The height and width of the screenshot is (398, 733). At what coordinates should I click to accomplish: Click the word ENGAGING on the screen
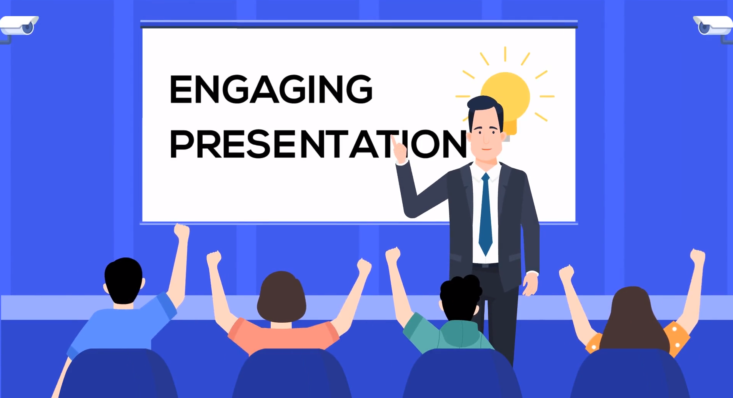coord(271,89)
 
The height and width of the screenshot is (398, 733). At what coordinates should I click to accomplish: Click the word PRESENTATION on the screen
coord(318,144)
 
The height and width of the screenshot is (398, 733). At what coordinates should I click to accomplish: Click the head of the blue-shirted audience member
coord(123,281)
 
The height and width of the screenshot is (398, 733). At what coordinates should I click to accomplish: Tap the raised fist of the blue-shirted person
coord(182,232)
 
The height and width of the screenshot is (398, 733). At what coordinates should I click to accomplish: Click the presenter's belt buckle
coord(485,265)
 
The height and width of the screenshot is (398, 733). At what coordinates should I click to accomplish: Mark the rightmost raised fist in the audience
coord(697,257)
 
